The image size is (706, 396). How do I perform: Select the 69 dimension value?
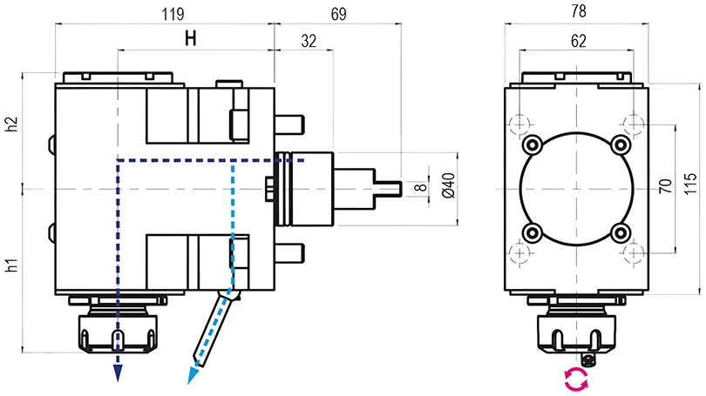pos(336,14)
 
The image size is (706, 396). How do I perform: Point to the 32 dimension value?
pos(307,40)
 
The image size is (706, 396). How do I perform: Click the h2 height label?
pos(11,124)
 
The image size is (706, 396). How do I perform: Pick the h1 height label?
pos(11,266)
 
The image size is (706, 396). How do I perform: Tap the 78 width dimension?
pos(576,12)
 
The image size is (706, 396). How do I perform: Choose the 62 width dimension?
pos(576,40)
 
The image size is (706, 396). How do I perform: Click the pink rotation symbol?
pos(575,379)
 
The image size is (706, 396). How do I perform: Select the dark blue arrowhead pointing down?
pos(117,373)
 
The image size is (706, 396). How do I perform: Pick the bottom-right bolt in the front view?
pos(621,232)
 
